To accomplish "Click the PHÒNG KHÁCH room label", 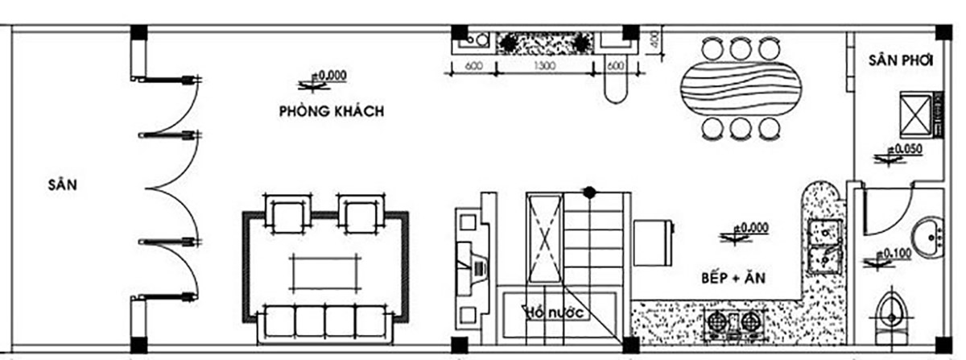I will click(x=331, y=112).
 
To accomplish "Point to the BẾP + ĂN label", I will click(x=731, y=279).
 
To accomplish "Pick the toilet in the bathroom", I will click(x=891, y=318).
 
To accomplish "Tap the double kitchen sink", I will click(x=822, y=246).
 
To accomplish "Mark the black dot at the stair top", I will click(x=590, y=192).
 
